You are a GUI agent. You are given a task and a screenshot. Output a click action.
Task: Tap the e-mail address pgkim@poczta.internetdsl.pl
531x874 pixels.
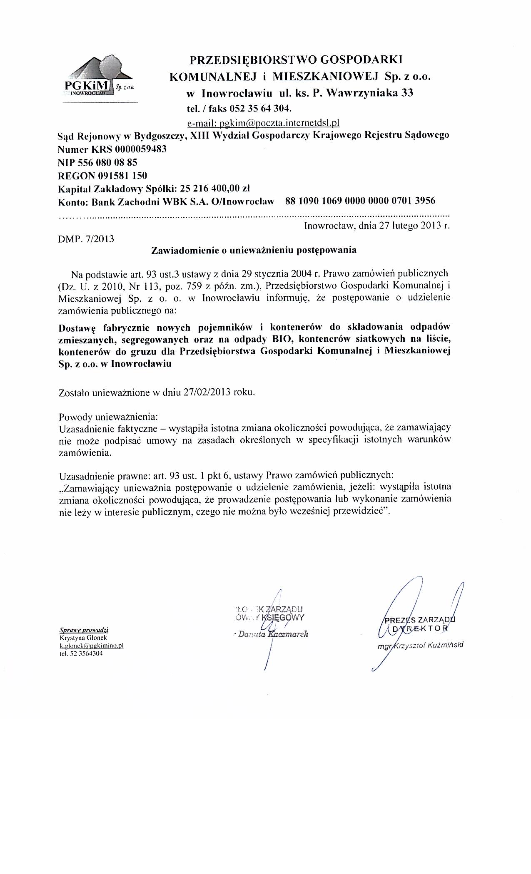(x=264, y=123)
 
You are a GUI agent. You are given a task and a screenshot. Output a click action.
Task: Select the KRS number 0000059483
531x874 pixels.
(x=142, y=149)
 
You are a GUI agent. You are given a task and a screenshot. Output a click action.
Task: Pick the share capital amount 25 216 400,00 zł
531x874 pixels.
(x=214, y=188)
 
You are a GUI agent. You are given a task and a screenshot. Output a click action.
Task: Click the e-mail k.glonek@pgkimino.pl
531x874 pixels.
(x=92, y=646)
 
